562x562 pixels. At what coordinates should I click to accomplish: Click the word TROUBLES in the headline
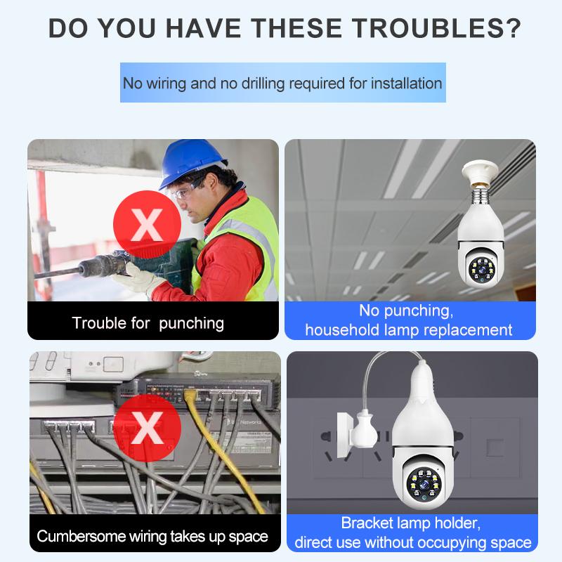click(427, 28)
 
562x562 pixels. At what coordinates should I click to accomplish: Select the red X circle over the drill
click(147, 224)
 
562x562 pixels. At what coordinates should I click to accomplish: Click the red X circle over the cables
click(147, 427)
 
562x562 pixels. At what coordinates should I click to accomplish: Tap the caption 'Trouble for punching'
click(148, 323)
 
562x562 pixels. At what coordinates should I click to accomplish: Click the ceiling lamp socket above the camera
click(481, 172)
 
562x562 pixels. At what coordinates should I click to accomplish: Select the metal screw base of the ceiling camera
click(481, 197)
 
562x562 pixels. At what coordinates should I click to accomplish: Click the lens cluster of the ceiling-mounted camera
click(482, 269)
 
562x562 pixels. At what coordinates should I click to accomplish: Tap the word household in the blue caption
click(342, 329)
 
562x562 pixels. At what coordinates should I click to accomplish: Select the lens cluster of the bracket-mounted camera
click(424, 485)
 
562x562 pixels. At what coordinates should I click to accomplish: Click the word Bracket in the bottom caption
click(367, 523)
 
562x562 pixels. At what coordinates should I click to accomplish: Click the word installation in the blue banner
click(407, 84)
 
